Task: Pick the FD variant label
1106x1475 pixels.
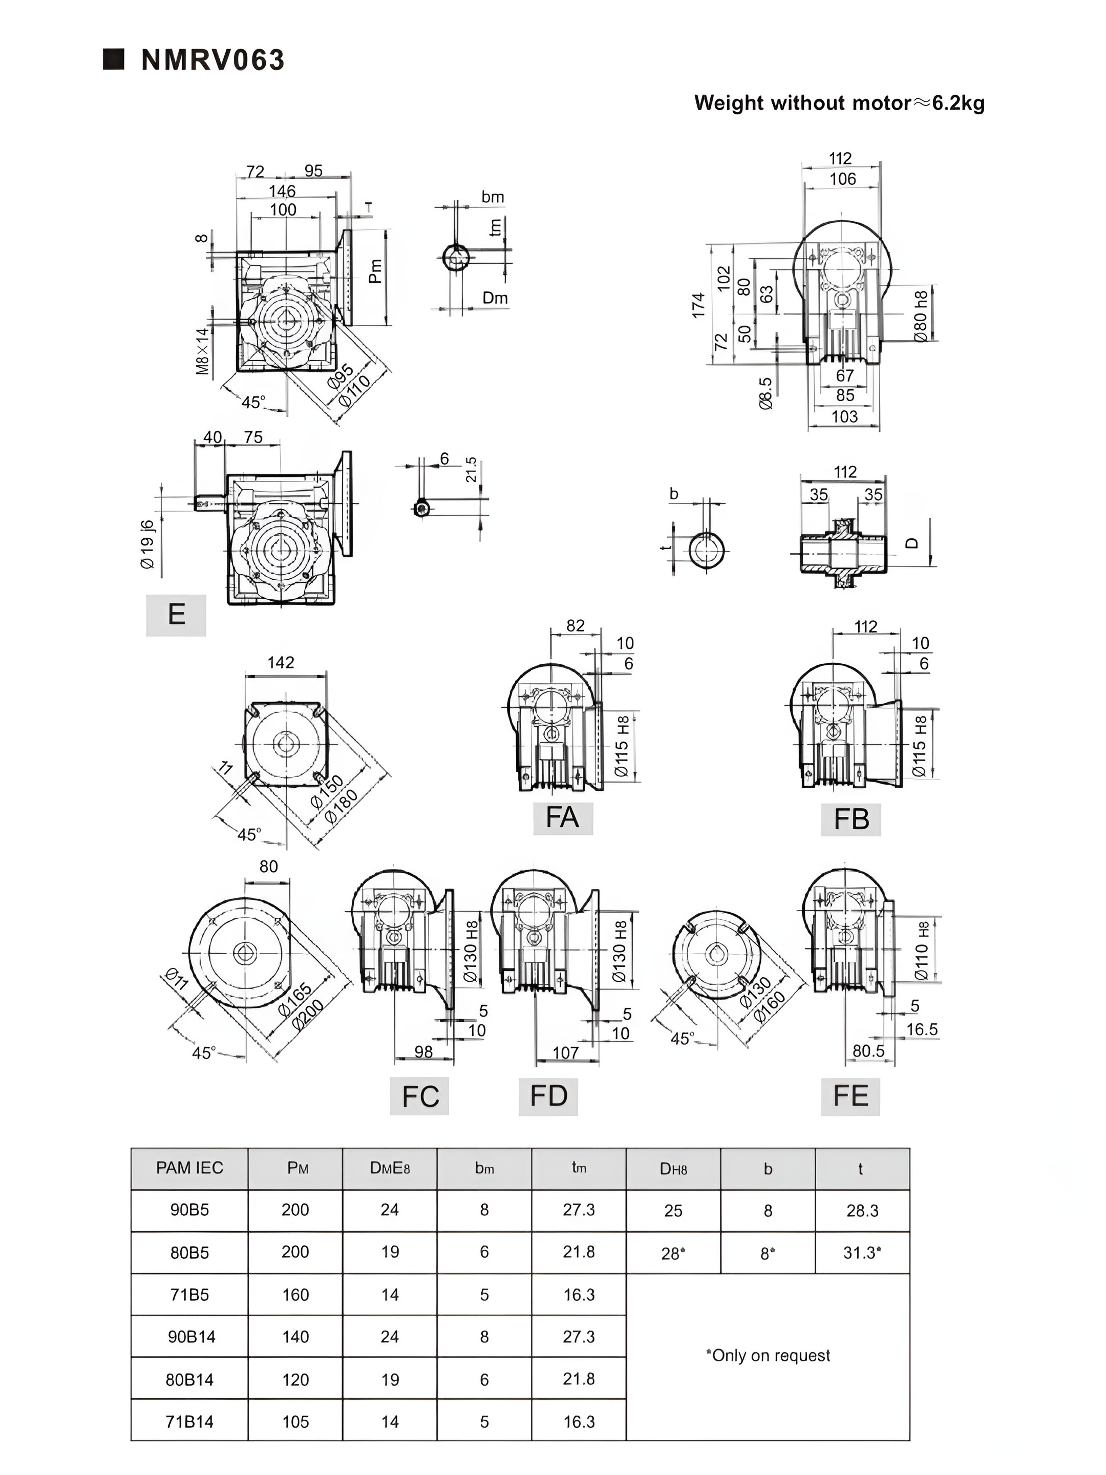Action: point(548,1095)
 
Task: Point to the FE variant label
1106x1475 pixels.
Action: point(850,1095)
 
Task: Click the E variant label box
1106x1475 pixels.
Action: point(176,614)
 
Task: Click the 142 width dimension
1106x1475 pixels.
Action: point(281,662)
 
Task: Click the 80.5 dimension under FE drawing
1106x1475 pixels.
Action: point(868,1051)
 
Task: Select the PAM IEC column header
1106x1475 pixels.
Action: point(189,1167)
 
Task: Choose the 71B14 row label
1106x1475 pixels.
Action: point(189,1422)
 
